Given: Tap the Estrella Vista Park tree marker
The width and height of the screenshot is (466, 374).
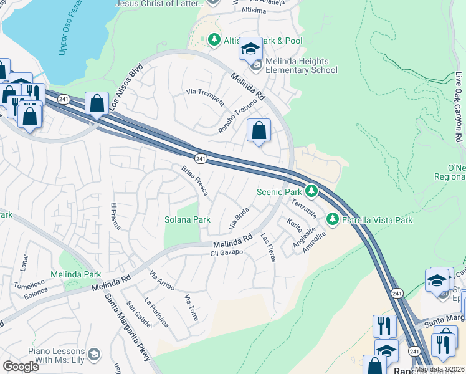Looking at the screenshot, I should pyautogui.click(x=333, y=219).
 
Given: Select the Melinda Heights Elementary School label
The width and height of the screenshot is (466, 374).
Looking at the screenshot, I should pyautogui.click(x=302, y=66).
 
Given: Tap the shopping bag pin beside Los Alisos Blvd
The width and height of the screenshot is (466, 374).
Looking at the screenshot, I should pyautogui.click(x=97, y=105).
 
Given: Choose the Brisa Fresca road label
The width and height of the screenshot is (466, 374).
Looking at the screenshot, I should pyautogui.click(x=194, y=178).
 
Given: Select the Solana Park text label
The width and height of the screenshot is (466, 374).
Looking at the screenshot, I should pyautogui.click(x=187, y=219).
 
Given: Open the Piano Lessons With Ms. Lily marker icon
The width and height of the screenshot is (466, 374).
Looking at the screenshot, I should pyautogui.click(x=94, y=354).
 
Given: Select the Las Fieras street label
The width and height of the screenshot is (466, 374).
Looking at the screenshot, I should pyautogui.click(x=267, y=247).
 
